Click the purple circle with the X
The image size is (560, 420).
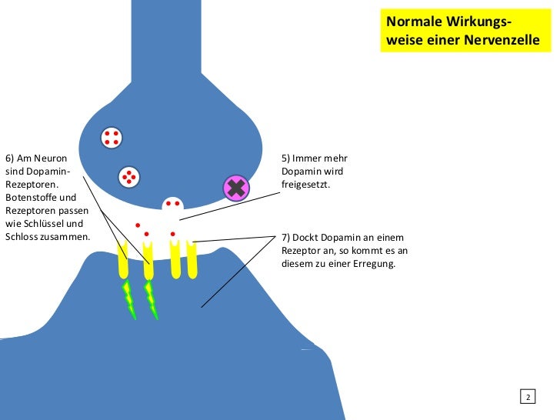coord(235,188)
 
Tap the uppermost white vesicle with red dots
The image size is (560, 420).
coord(112,137)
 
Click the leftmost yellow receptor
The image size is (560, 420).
coord(123,260)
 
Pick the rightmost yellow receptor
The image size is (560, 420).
coord(192,259)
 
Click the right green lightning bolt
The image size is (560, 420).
coord(152,300)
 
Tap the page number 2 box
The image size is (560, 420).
coord(528,397)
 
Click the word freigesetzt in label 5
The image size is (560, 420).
coord(305,185)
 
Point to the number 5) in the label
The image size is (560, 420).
coord(286,158)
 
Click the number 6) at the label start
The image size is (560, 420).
coord(10,158)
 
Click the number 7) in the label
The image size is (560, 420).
coord(286,238)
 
